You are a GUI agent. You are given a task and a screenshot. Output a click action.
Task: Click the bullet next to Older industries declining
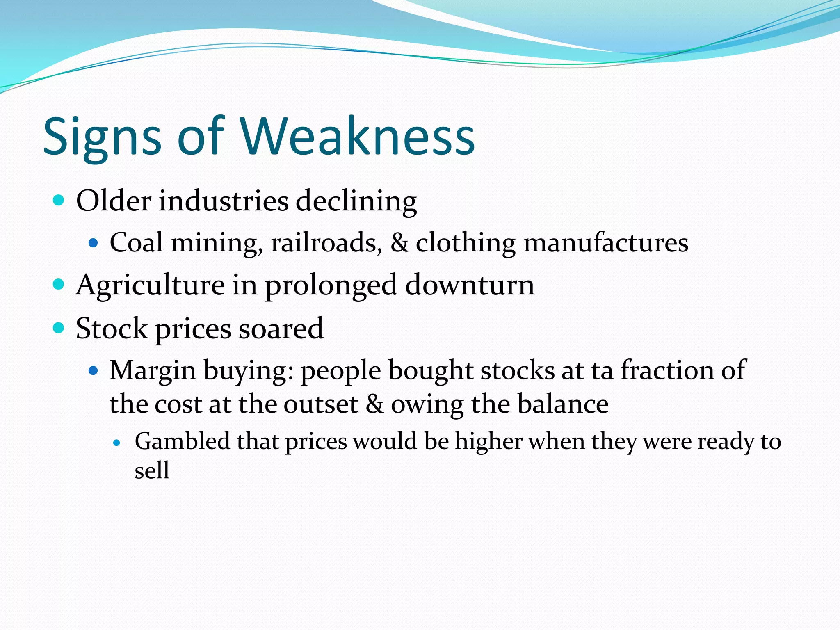click(x=59, y=201)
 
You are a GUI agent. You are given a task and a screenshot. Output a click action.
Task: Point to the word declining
click(x=356, y=202)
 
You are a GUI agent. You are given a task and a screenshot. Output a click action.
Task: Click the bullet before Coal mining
click(x=94, y=243)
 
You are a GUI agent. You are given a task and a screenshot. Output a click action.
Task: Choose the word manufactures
click(x=606, y=242)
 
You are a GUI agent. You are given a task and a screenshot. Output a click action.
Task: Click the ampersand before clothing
click(x=399, y=242)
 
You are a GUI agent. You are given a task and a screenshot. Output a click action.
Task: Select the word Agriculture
click(x=150, y=285)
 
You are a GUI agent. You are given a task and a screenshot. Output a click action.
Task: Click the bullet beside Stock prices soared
click(x=59, y=328)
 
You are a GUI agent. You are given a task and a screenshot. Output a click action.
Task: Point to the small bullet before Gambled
click(x=117, y=443)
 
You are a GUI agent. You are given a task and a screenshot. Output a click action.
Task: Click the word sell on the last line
click(x=152, y=470)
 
